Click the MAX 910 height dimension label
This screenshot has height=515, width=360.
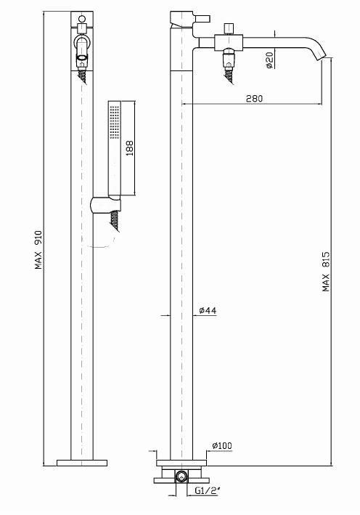[x=38, y=250]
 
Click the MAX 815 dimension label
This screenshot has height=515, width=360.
[x=326, y=271]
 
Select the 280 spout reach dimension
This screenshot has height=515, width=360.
[x=254, y=98]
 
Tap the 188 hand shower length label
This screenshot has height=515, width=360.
[x=130, y=147]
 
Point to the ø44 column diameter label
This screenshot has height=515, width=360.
[x=208, y=310]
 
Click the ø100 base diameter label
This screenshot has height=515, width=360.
[x=222, y=446]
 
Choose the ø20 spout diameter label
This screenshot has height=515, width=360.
[x=269, y=60]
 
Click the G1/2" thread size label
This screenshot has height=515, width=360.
[x=208, y=491]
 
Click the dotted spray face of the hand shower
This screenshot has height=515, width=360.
[x=115, y=122]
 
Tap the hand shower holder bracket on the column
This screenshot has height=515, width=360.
[x=105, y=206]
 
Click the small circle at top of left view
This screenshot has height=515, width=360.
[x=82, y=18]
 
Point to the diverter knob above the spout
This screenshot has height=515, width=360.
[x=228, y=29]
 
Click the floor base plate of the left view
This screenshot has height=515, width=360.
[x=82, y=463]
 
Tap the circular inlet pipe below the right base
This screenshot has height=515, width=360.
[x=181, y=476]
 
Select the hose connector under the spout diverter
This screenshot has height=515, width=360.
[x=229, y=65]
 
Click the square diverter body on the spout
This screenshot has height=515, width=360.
[x=229, y=43]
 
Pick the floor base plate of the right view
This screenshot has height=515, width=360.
[x=181, y=463]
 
